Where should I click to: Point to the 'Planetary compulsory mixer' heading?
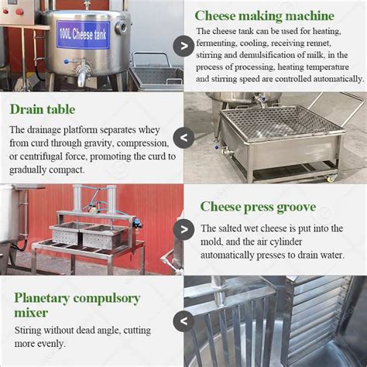(x=77, y=305)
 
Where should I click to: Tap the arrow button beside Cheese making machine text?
(x=184, y=45)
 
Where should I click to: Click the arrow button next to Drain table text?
(x=183, y=138)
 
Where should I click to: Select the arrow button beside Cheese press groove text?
(x=184, y=229)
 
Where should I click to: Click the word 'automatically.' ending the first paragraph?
(x=334, y=78)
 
